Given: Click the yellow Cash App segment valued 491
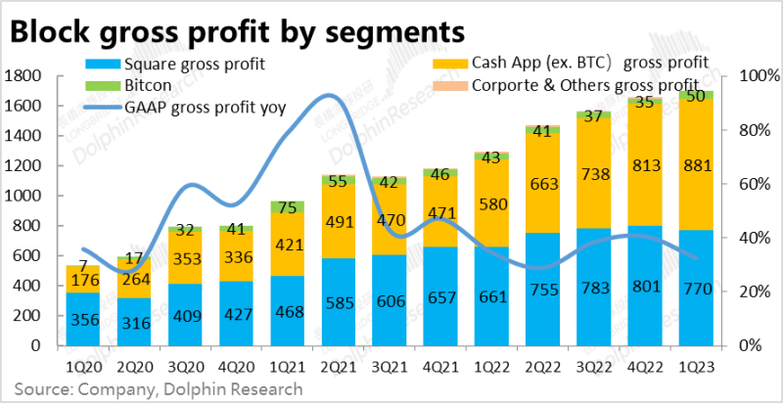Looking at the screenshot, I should coord(338,222).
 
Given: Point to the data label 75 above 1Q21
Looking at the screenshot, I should coord(288,206).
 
